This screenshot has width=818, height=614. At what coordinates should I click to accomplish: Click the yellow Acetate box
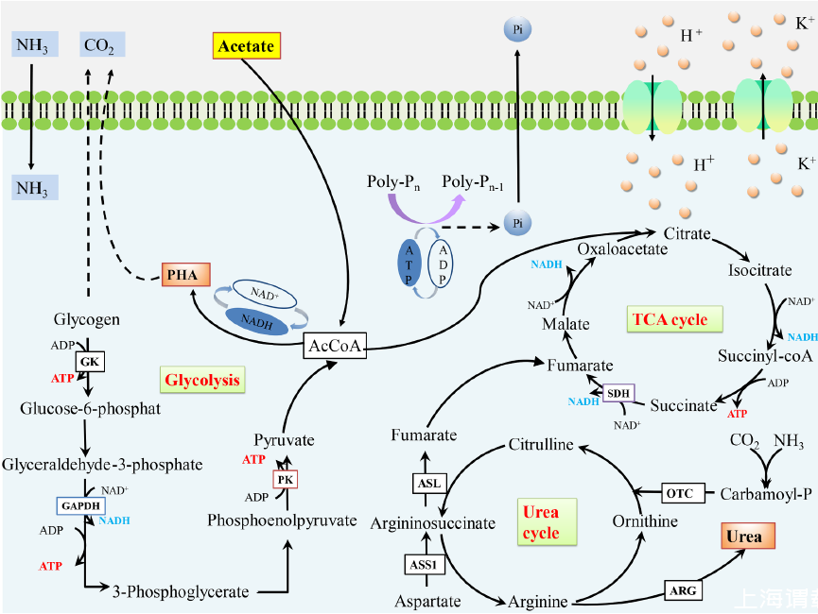[246, 44]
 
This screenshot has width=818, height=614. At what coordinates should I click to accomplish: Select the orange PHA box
[179, 275]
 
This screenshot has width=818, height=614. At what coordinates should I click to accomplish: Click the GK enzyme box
[89, 362]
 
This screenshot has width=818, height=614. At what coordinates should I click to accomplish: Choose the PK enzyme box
[286, 479]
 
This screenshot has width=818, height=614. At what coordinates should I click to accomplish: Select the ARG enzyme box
[684, 591]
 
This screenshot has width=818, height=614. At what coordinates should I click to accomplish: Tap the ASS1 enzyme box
[425, 565]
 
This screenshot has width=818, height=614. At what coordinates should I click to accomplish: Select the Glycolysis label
[202, 381]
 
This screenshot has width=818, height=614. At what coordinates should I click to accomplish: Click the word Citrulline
[542, 444]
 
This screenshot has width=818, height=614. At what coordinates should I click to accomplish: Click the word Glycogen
[87, 319]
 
